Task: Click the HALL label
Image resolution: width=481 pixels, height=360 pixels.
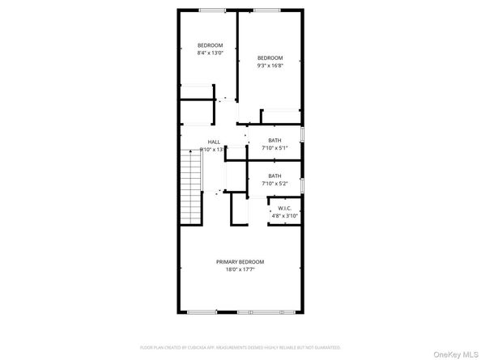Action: pyautogui.click(x=213, y=142)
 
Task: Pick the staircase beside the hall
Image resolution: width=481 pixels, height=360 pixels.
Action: pyautogui.click(x=190, y=182)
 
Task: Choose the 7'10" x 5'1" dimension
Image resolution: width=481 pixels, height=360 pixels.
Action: pyautogui.click(x=275, y=148)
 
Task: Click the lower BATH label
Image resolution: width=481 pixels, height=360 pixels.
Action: pyautogui.click(x=275, y=176)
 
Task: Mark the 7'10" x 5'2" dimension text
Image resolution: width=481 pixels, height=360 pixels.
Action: pyautogui.click(x=275, y=184)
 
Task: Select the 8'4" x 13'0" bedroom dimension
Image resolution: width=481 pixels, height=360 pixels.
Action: pyautogui.click(x=211, y=53)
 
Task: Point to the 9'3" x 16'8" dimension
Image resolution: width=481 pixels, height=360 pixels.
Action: pyautogui.click(x=270, y=66)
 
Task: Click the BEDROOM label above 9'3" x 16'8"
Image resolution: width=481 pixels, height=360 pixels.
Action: pyautogui.click(x=270, y=57)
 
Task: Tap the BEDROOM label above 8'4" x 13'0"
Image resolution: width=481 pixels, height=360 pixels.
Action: pyautogui.click(x=211, y=44)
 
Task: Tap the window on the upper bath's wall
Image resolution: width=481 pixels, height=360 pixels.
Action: pyautogui.click(x=302, y=133)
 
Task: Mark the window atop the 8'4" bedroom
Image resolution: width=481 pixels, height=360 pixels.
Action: pyautogui.click(x=213, y=10)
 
